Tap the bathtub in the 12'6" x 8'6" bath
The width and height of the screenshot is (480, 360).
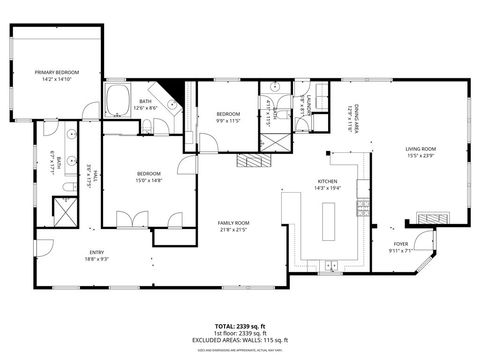pos(117,101)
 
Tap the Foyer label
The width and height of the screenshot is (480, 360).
pos(400,243)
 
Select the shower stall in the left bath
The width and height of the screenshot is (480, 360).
pos(63,213)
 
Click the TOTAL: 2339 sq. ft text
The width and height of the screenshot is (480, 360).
pos(240,325)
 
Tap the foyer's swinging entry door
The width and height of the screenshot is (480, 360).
pos(424,241)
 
